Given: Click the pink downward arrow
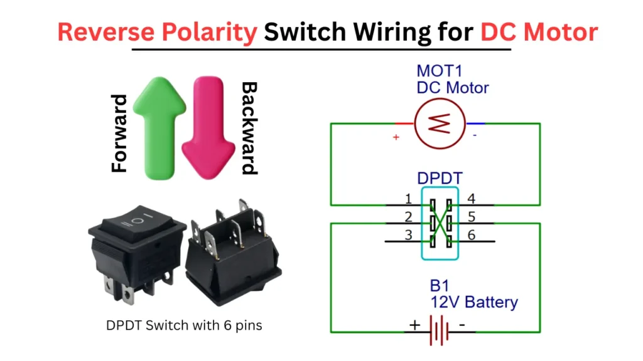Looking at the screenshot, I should point(204,125).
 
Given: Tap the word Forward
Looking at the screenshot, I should point(119,133).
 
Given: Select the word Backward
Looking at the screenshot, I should point(249,128).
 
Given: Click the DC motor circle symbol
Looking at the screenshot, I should point(440,124).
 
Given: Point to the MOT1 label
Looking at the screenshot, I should point(438,71).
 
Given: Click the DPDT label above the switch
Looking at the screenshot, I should point(440,179).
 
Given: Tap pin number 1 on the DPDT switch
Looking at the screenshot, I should point(408,200).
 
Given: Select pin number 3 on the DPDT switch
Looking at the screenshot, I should point(408,236).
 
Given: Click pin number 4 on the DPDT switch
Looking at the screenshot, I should point(471,200).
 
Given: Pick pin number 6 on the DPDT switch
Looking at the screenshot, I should point(471,236).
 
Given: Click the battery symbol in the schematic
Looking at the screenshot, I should point(438,330).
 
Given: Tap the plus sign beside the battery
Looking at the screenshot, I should point(414,325).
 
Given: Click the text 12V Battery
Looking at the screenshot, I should point(473,302).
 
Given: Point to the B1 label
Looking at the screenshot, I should point(440,286).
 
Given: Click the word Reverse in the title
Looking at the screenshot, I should point(103,31).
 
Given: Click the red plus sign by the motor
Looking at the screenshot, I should point(396,137).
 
